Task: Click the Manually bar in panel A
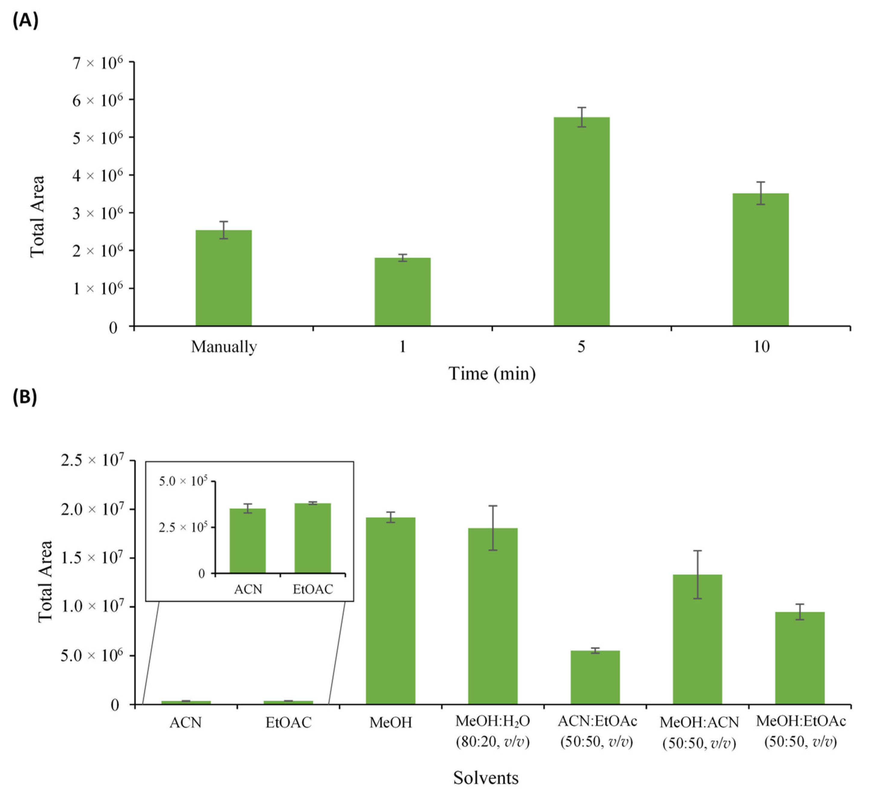click(x=223, y=278)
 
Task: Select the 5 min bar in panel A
click(x=581, y=221)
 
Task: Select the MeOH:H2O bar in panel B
click(x=492, y=616)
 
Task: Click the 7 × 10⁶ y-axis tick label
click(x=98, y=63)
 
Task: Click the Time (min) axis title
click(x=492, y=374)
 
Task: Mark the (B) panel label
click(x=25, y=397)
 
